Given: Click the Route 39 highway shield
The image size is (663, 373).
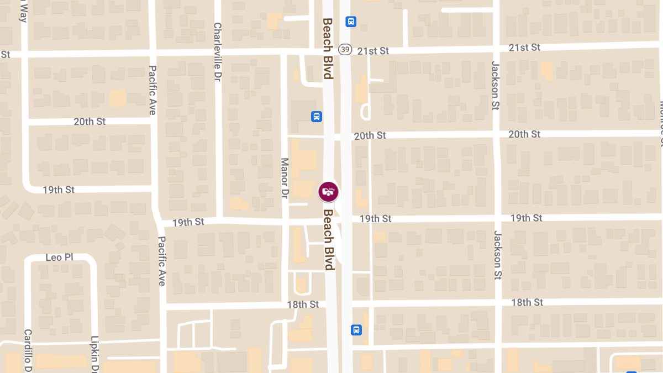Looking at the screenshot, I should [345, 50].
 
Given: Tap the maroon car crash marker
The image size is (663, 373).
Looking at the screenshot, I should [329, 192].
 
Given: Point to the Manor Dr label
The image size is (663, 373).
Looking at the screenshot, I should [285, 178].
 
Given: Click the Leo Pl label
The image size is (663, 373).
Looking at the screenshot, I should [59, 258].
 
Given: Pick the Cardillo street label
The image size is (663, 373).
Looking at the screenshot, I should [28, 350].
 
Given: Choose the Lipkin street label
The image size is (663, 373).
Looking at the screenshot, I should [94, 354].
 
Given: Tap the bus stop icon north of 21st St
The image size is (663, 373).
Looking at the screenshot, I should [351, 22].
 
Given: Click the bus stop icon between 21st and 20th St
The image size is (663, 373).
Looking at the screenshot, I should [317, 117].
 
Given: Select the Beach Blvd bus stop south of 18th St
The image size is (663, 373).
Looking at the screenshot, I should [356, 330].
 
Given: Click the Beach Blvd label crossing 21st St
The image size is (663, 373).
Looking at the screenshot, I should [328, 48].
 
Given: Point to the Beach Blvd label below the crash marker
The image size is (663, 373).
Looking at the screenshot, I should [329, 239].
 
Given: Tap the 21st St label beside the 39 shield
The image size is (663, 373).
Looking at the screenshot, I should [373, 51].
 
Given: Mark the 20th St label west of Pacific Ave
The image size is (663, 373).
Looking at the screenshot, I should [90, 121].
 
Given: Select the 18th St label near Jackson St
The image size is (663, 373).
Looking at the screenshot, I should [527, 302].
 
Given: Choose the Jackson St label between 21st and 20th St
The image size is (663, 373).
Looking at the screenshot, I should [495, 85].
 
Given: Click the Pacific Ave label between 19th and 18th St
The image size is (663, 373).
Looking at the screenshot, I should [162, 261].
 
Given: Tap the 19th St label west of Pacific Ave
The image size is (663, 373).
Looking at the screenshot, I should [59, 190].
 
